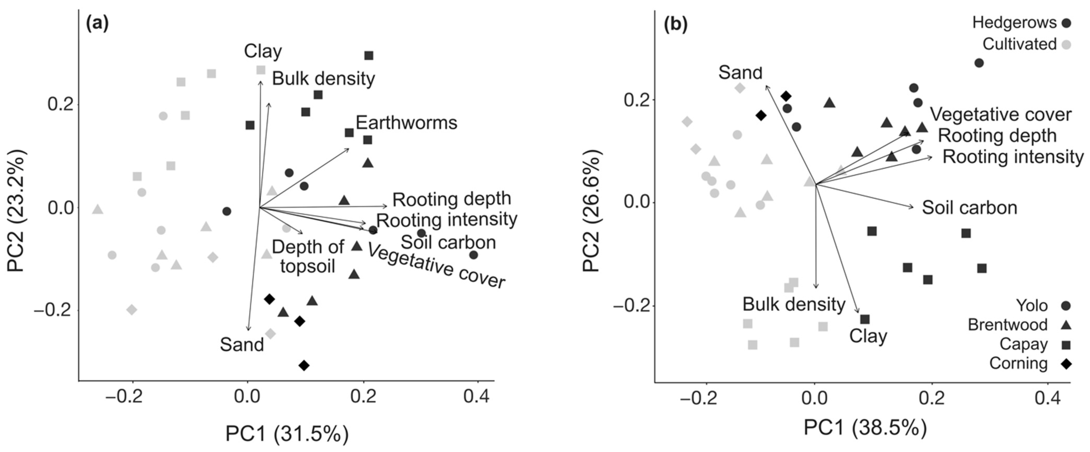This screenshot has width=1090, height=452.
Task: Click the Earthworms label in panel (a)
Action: point(406,123)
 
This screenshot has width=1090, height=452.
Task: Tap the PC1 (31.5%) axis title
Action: point(287,434)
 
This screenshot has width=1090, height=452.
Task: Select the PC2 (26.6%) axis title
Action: point(591,210)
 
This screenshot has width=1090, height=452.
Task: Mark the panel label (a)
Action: point(97,23)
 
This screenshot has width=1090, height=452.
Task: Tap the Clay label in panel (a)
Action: point(263,51)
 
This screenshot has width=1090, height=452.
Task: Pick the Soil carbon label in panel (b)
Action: point(969,208)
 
